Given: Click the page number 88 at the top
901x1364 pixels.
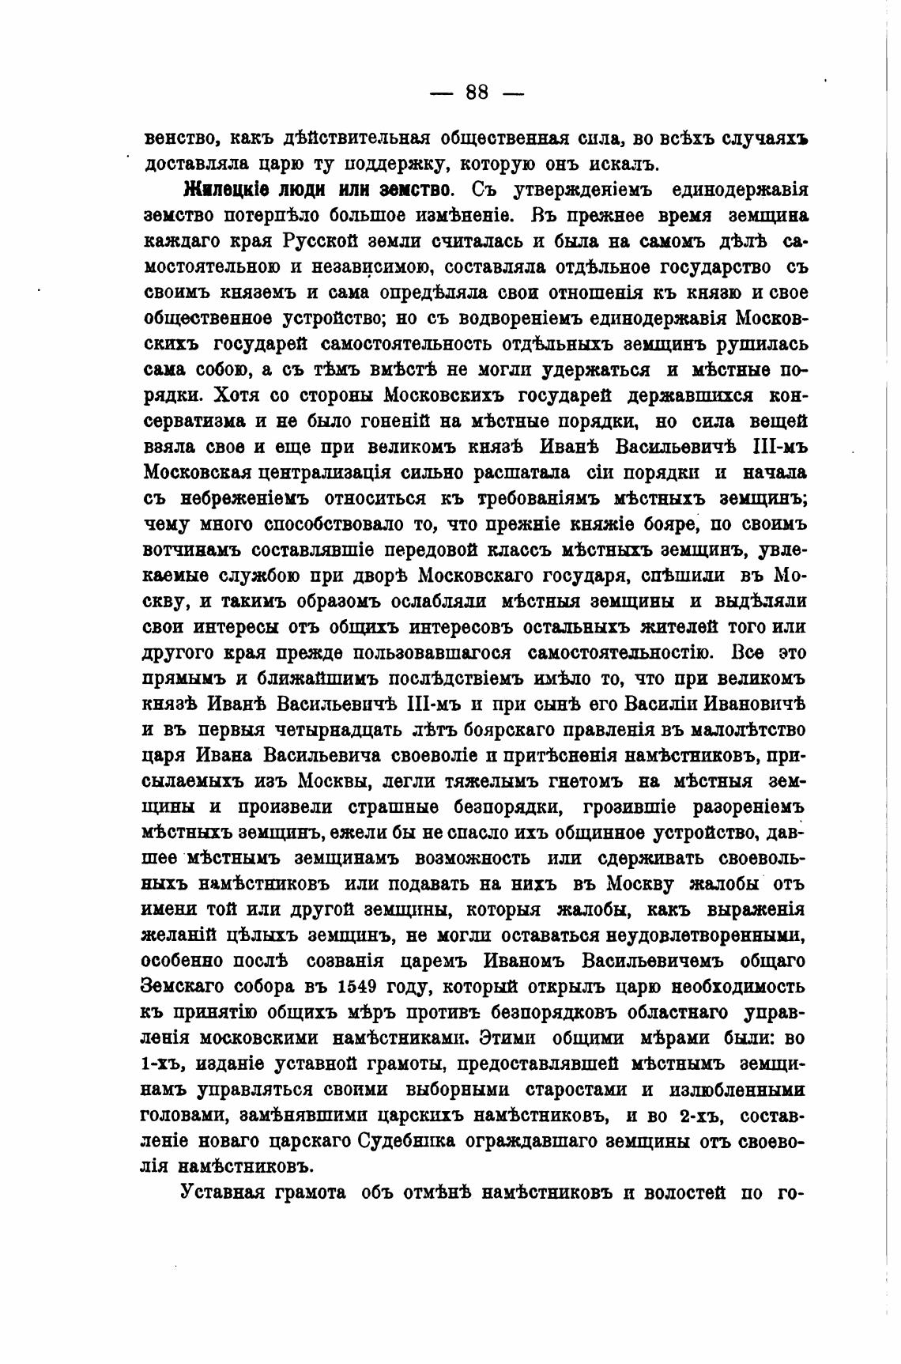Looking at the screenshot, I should point(477,93).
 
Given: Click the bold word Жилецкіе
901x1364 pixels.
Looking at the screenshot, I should point(221,190).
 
